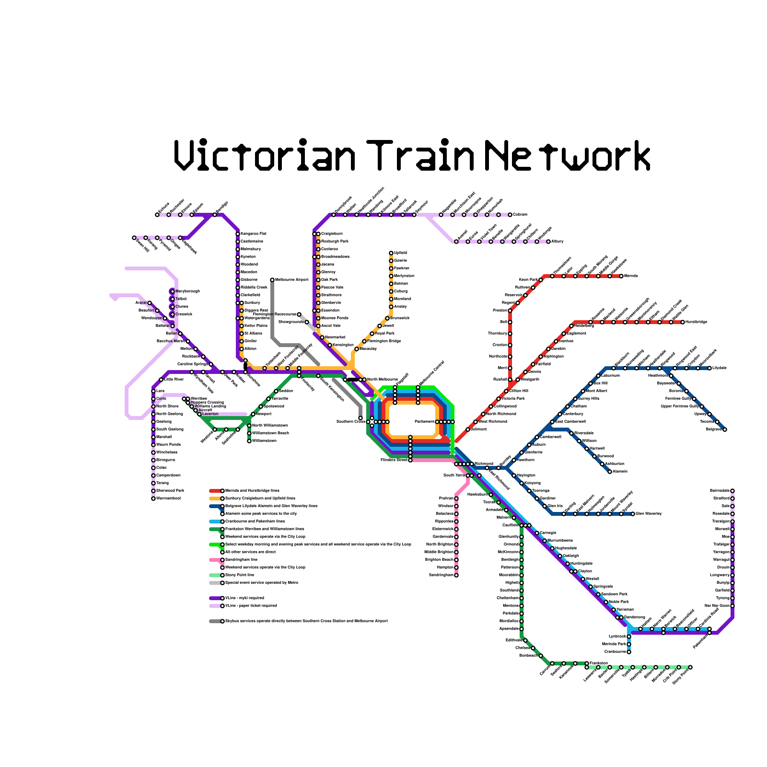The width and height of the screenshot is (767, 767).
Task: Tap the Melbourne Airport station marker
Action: [x=272, y=280]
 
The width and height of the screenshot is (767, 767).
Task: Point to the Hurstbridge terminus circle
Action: [x=683, y=322]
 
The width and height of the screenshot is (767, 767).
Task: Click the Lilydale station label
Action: [x=720, y=368]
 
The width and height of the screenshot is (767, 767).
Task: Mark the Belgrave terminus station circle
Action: [x=725, y=430]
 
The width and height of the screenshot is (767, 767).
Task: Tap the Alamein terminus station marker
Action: [x=610, y=472]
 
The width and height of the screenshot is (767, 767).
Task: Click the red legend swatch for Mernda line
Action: [x=215, y=491]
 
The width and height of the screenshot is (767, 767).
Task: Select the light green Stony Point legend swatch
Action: [x=215, y=575]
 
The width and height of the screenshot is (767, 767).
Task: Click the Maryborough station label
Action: [x=187, y=291]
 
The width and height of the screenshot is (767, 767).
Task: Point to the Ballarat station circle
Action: [x=173, y=326]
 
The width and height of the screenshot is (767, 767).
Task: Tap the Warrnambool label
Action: [x=168, y=499]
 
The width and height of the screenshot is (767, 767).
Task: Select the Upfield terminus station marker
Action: [x=391, y=253]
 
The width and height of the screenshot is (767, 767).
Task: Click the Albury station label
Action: [x=558, y=242]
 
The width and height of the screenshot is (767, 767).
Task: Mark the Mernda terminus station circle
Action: [x=621, y=276]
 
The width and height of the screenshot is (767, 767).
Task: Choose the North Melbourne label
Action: [x=382, y=380]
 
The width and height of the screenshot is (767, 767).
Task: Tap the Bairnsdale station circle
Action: [x=732, y=491]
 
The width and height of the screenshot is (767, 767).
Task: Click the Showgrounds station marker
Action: [x=307, y=322]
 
